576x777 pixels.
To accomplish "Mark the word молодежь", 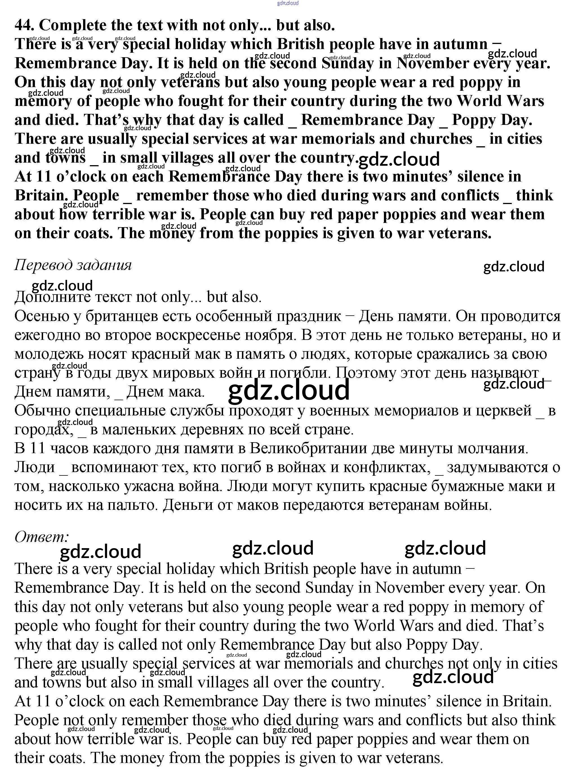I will coord(48,354).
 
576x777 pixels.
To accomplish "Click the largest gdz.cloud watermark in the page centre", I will coord(289,390).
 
